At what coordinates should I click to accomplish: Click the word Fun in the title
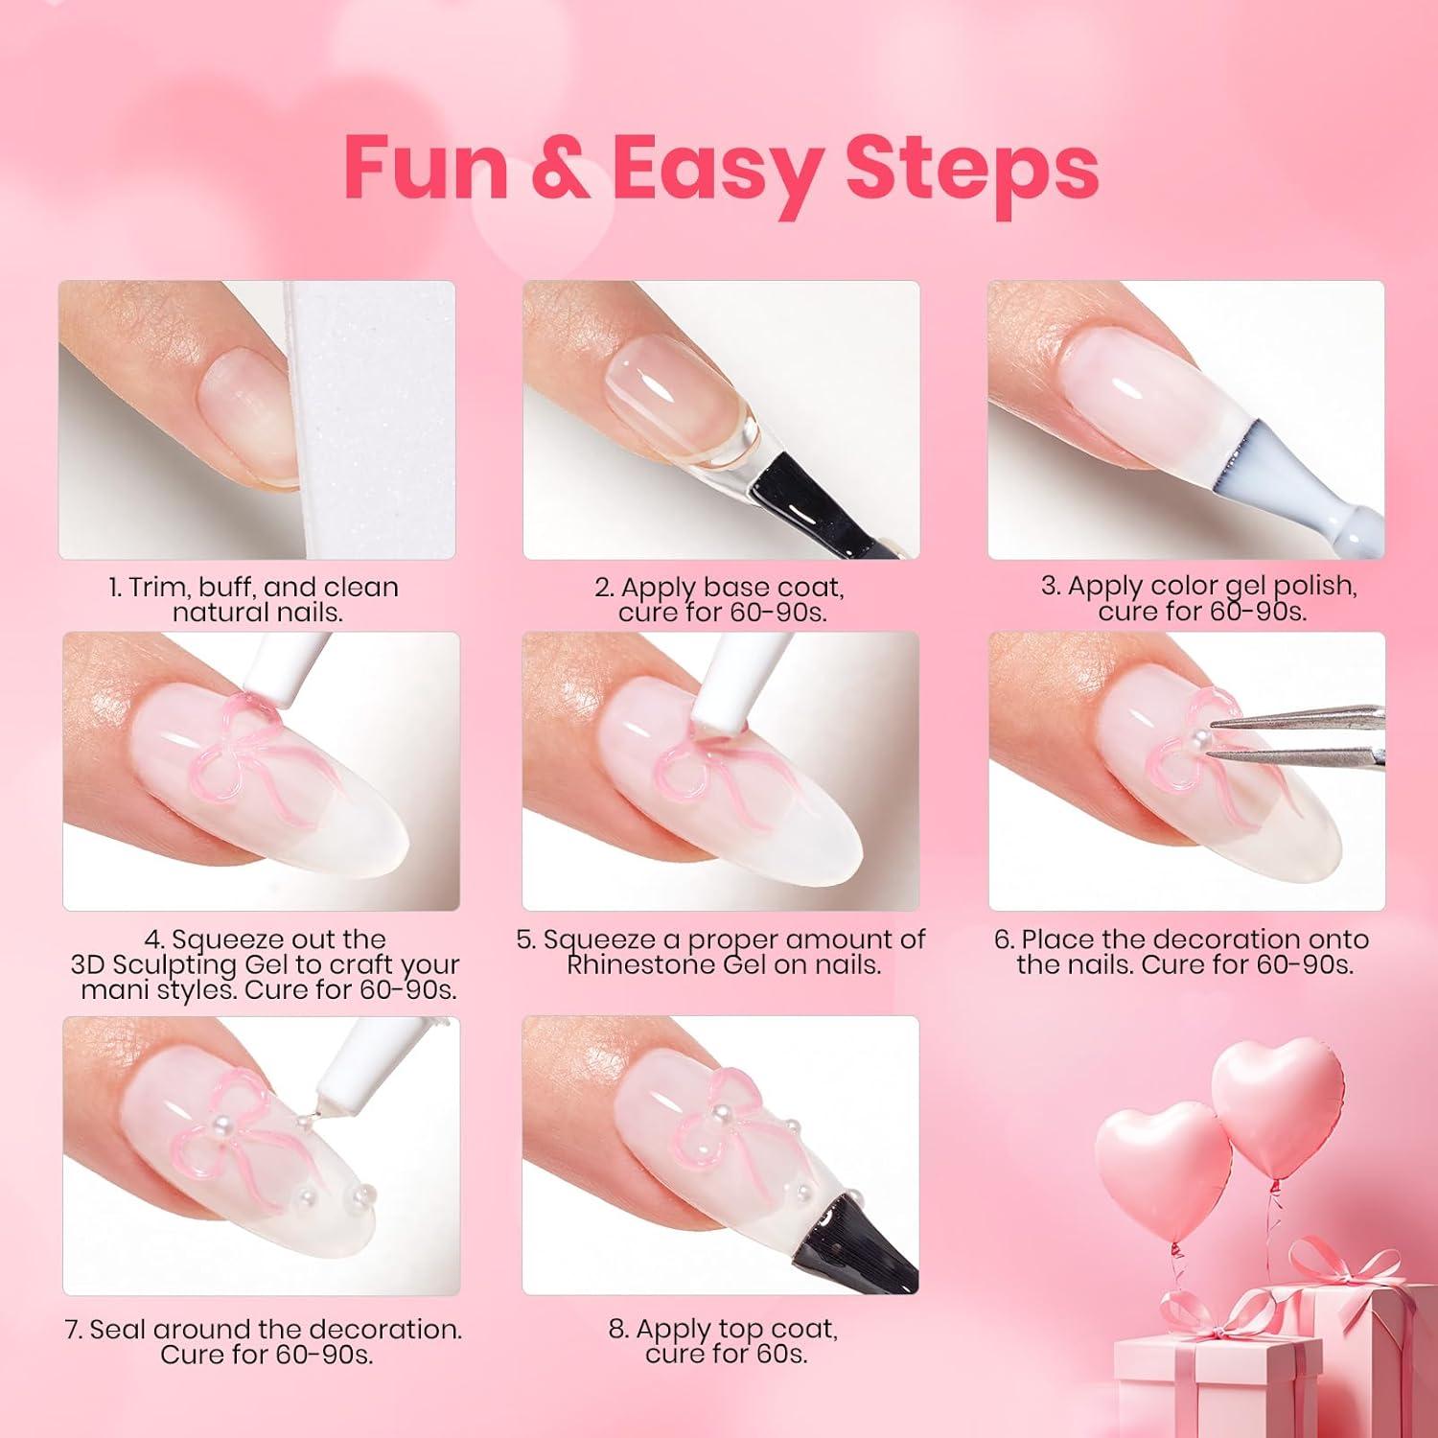click(426, 169)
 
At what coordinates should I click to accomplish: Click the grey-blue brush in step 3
click(1294, 488)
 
